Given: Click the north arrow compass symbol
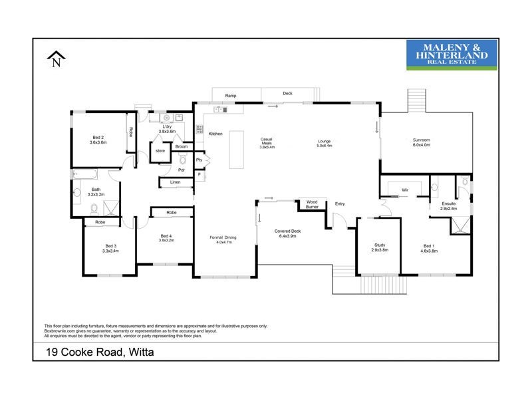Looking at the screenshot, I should click(x=57, y=61).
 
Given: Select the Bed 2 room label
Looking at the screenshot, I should click(x=98, y=140).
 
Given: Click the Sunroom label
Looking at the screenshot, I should click(x=422, y=142).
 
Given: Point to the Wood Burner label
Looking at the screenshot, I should click(x=312, y=204).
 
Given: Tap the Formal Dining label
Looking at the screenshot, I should click(x=222, y=240).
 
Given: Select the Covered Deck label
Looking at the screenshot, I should click(x=288, y=233).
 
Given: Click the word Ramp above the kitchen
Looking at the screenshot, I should click(x=231, y=96).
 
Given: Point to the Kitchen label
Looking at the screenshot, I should click(x=215, y=134).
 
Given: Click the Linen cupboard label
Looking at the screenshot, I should click(x=176, y=182).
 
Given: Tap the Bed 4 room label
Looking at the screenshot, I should click(x=166, y=237).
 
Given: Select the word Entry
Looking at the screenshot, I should click(x=340, y=204).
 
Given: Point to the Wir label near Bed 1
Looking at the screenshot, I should click(x=404, y=190).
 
